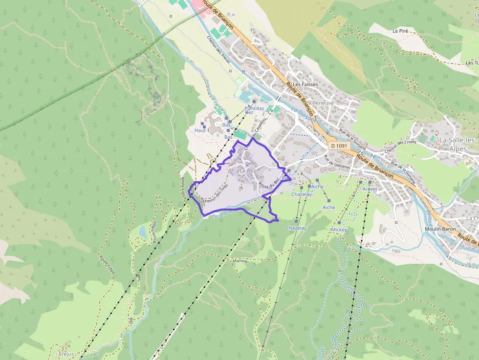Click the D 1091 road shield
click(x=338, y=146)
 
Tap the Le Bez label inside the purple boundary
click(x=247, y=170)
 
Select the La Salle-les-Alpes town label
click(x=458, y=144)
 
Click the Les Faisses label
click(x=305, y=85)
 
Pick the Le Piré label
click(x=400, y=31)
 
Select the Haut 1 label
click(x=202, y=130)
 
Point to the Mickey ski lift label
click(x=339, y=230)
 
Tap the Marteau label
click(x=241, y=261)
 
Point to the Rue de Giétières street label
click(x=337, y=162)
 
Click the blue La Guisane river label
click(x=304, y=115)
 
